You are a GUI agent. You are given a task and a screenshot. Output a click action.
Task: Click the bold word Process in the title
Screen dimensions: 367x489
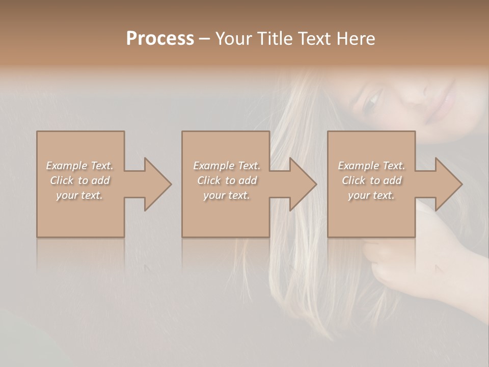click(x=160, y=39)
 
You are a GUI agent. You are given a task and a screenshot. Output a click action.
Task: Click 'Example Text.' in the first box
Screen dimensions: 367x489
click(x=80, y=166)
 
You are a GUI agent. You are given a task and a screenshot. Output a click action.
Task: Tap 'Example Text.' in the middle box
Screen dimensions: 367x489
click(x=227, y=166)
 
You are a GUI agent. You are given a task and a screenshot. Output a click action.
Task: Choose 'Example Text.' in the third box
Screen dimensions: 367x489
click(x=371, y=166)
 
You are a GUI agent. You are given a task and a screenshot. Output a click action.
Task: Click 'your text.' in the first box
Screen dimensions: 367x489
click(x=79, y=195)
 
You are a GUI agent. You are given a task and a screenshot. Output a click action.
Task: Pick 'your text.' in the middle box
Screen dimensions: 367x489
click(x=226, y=195)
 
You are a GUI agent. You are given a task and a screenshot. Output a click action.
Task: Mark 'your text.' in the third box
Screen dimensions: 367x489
click(x=371, y=195)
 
